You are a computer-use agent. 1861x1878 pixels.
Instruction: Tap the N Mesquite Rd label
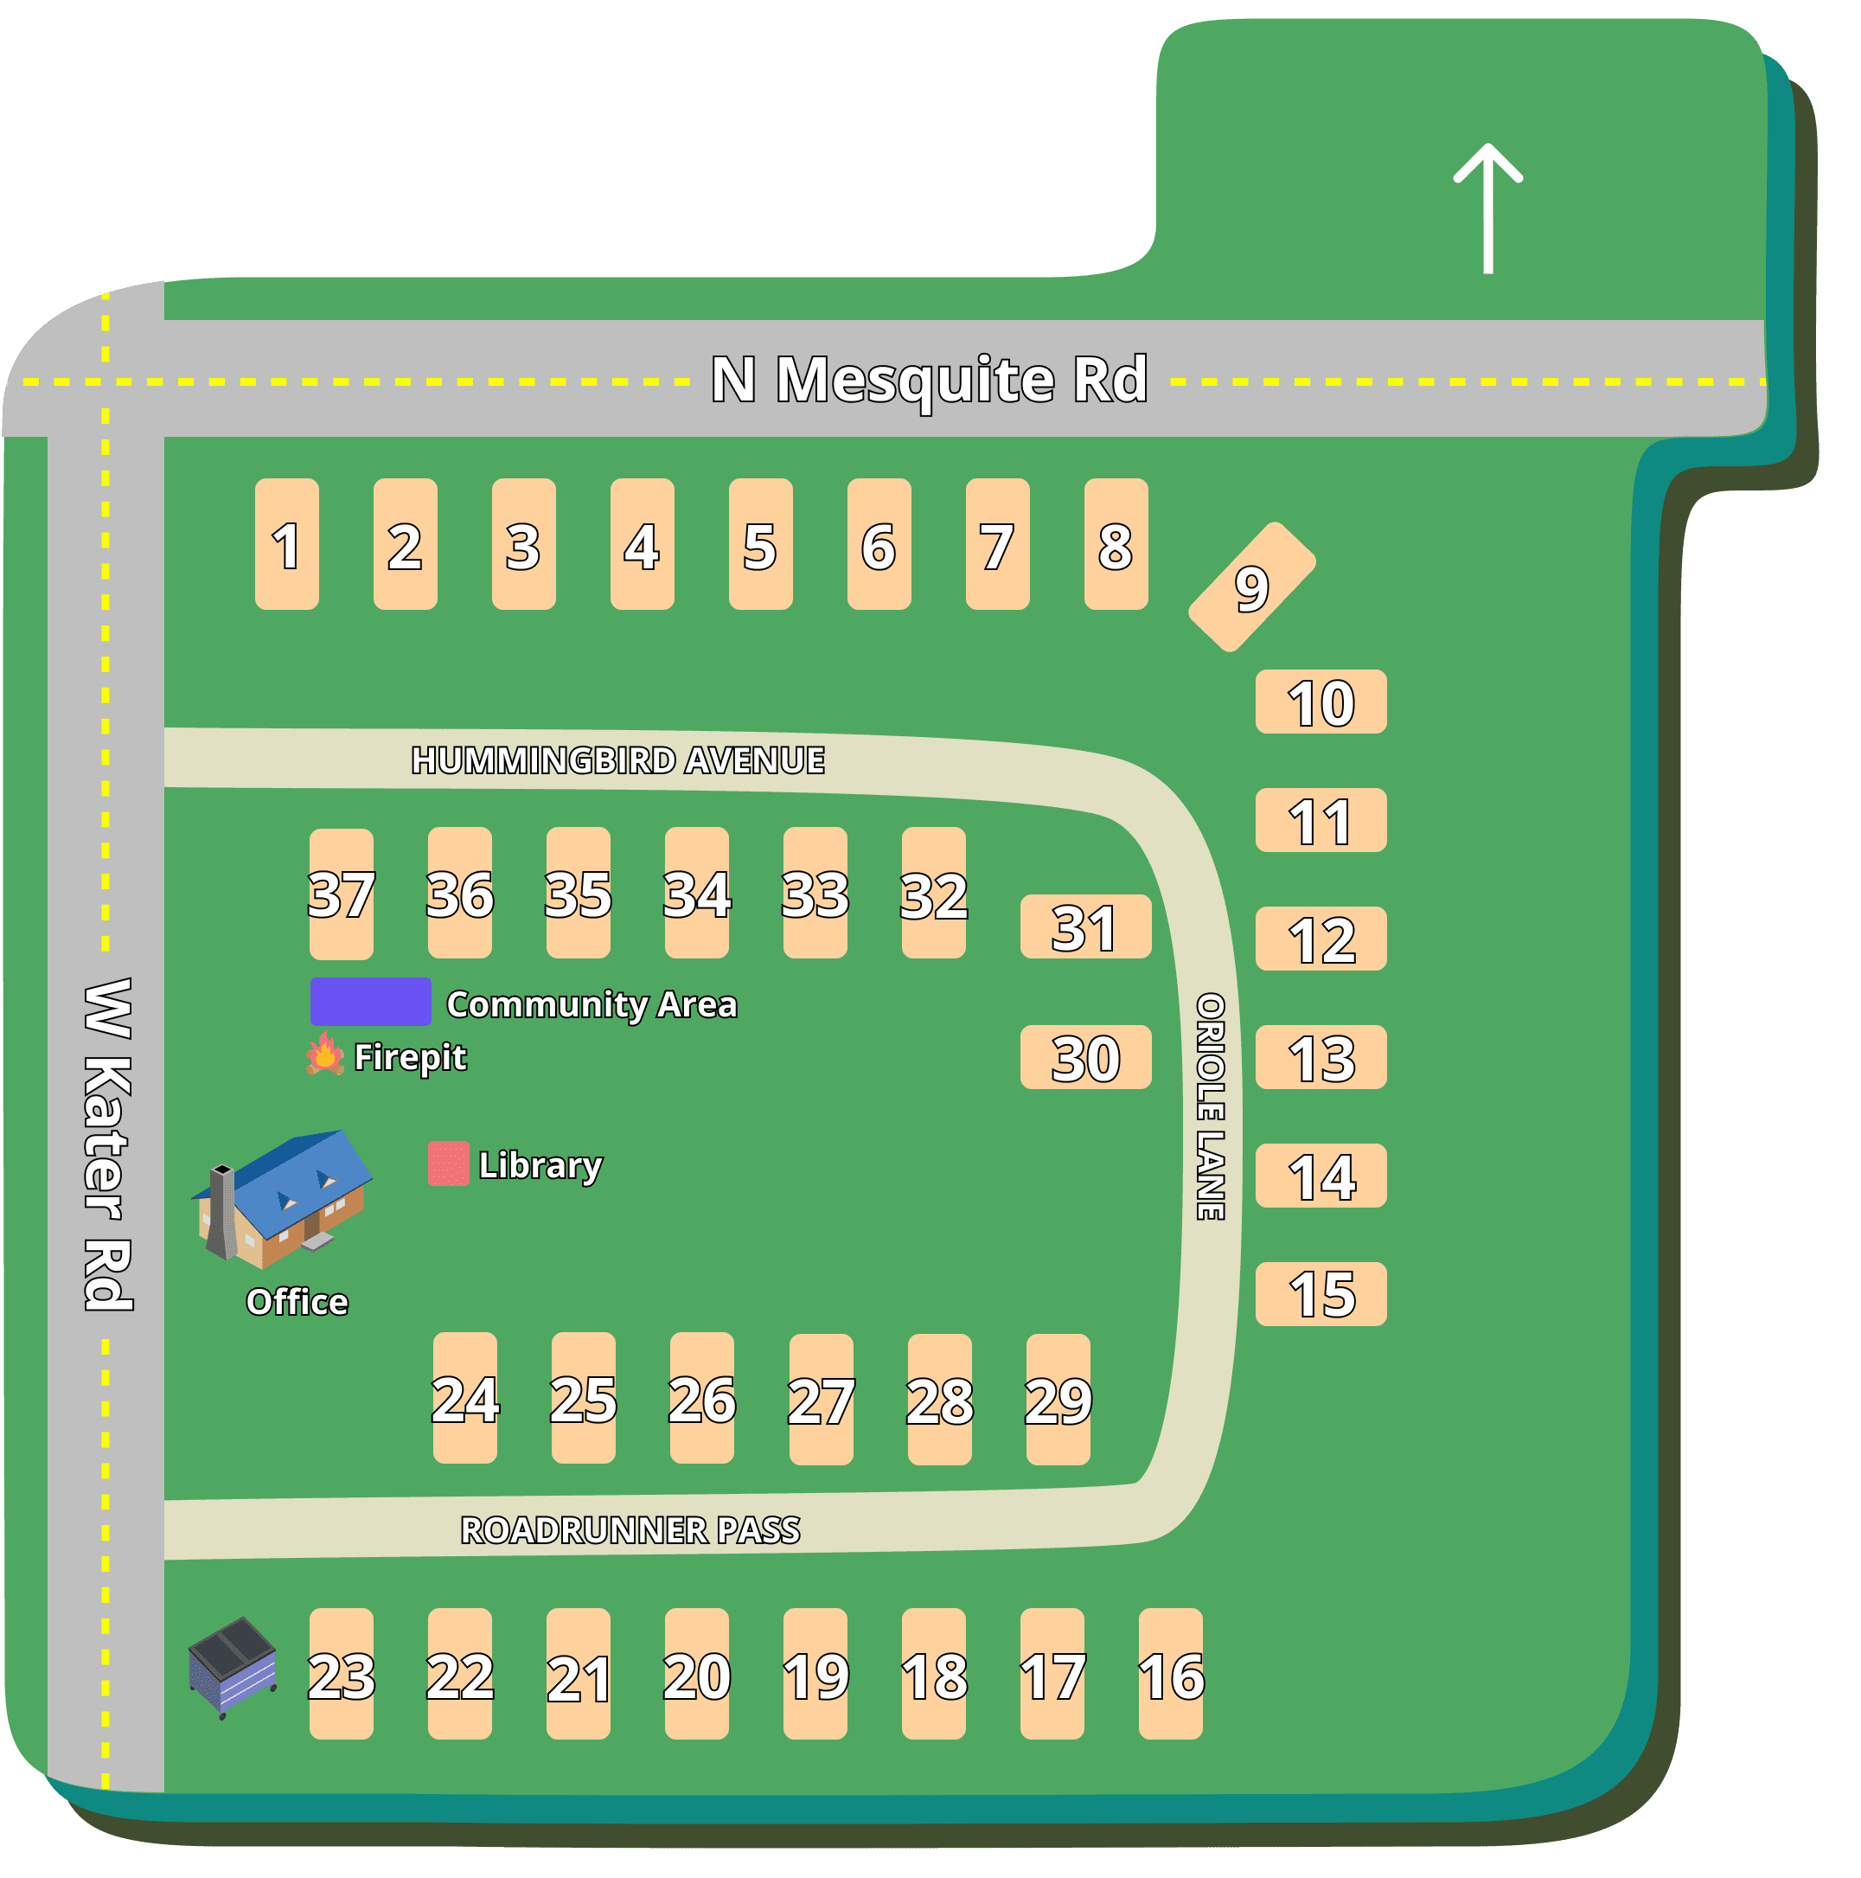click(x=929, y=379)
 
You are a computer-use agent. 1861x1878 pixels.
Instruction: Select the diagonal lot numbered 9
click(x=1251, y=587)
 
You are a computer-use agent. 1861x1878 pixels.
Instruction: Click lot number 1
click(x=287, y=544)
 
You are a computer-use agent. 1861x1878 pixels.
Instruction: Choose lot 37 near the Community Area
click(x=341, y=894)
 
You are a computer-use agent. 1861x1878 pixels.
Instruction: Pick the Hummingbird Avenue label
click(x=618, y=760)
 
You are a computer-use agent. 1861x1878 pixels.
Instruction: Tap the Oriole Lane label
click(x=1210, y=1106)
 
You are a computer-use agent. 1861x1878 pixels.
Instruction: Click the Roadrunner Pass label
click(x=630, y=1530)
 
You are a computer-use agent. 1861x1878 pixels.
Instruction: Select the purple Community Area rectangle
click(x=370, y=1001)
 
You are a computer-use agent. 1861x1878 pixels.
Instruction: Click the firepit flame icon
click(x=325, y=1054)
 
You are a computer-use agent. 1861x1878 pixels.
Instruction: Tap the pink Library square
click(x=448, y=1163)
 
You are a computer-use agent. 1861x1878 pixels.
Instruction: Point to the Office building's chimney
click(x=221, y=1210)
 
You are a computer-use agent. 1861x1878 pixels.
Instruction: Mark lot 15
click(x=1321, y=1294)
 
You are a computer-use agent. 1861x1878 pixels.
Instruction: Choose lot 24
click(x=464, y=1398)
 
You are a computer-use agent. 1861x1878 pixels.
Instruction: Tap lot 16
click(x=1170, y=1674)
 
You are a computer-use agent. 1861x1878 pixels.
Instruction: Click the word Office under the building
click(x=297, y=1302)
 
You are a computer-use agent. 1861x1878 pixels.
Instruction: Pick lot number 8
click(x=1116, y=544)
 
